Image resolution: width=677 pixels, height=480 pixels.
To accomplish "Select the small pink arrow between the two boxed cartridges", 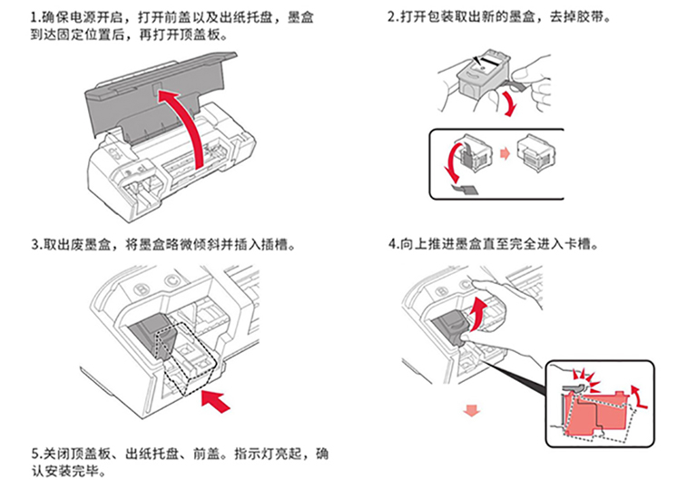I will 504,154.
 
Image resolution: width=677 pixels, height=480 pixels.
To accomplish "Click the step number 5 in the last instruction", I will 34,452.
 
